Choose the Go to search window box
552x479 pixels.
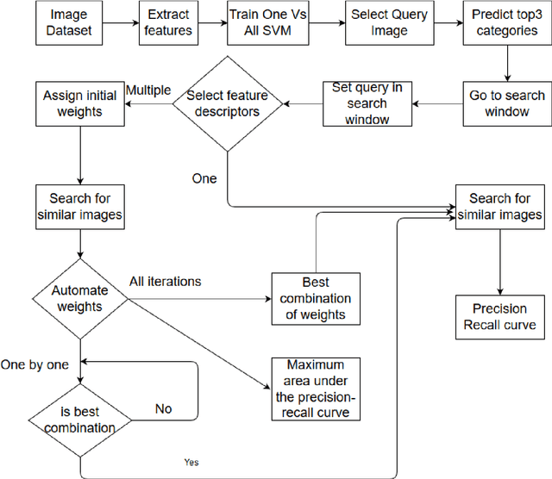pyautogui.click(x=506, y=103)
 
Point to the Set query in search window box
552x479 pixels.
pyautogui.click(x=367, y=103)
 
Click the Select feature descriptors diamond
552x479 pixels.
pyautogui.click(x=227, y=103)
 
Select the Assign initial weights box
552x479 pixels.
pyautogui.click(x=78, y=103)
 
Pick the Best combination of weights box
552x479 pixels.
pyautogui.click(x=314, y=298)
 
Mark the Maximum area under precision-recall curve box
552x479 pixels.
pyautogui.click(x=314, y=389)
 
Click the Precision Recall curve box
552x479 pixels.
pyautogui.click(x=499, y=317)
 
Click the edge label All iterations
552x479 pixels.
pyautogui.click(x=165, y=281)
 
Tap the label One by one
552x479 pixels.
pyautogui.click(x=34, y=364)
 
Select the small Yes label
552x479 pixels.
pyautogui.click(x=191, y=462)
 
